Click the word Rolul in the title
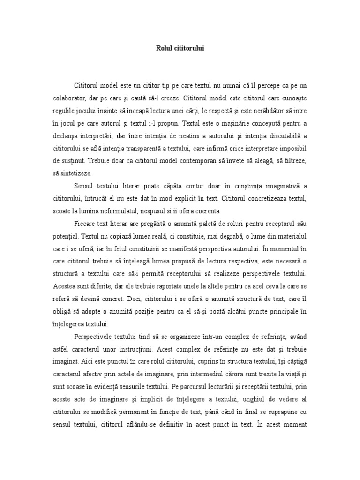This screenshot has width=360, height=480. tap(164, 48)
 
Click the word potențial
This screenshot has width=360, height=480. tap(65, 234)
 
